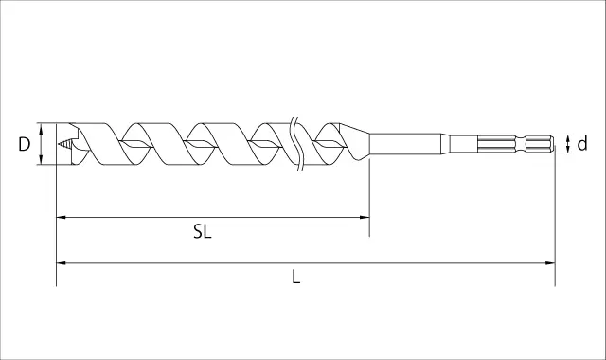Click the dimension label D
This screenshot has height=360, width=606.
pos(25,144)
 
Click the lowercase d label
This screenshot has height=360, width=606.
pos(582,144)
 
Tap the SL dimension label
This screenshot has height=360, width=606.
pos(202,232)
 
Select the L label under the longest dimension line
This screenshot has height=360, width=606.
pos(296,278)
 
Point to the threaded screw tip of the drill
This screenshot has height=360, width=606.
pos(64,144)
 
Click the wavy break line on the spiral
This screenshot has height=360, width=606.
pos(296,144)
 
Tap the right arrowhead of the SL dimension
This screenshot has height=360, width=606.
pos(365,217)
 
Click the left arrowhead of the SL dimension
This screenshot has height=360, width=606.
pos(62,217)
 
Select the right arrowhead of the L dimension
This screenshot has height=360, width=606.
pos(550,263)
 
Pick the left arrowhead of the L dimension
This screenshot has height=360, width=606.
pos(62,263)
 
